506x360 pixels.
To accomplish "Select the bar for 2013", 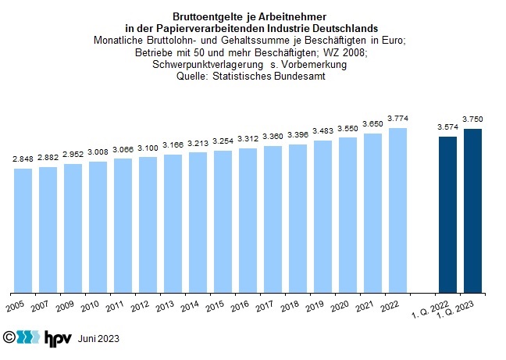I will click(x=173, y=223).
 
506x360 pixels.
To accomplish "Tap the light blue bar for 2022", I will click(x=397, y=210).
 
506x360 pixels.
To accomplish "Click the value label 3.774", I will click(x=397, y=120).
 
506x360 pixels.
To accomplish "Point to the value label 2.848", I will click(x=23, y=160).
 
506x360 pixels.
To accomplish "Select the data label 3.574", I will click(x=447, y=127).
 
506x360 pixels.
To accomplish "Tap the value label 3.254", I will click(x=223, y=142).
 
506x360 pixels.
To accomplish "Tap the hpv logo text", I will click(x=57, y=338).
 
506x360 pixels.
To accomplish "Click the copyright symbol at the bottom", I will click(x=9, y=338).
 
